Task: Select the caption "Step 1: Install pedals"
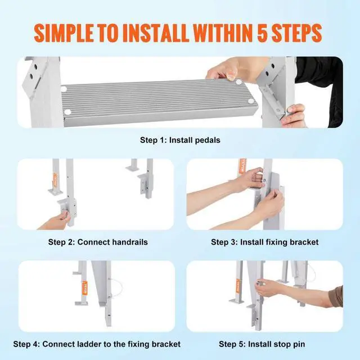[x=179, y=139]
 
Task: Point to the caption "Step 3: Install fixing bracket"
[x=264, y=242]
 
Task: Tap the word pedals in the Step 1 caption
[x=206, y=139]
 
